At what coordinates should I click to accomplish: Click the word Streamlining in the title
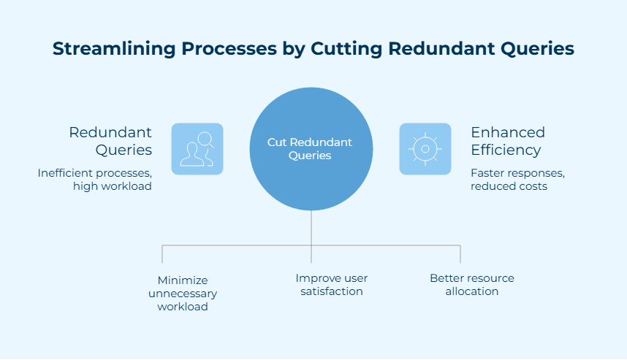pos(114,49)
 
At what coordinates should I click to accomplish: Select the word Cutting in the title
pos(346,49)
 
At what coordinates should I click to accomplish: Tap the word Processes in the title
pos(229,48)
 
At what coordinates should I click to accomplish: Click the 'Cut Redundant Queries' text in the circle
pos(310,149)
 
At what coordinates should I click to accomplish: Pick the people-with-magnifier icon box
pos(197,149)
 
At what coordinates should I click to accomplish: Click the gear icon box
pos(425,149)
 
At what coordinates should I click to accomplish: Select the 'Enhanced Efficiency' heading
pos(508,141)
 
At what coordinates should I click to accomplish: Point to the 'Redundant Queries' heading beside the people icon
pos(110,141)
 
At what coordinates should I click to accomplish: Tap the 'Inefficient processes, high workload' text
pos(95,180)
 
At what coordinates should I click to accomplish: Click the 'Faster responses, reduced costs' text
pos(517,180)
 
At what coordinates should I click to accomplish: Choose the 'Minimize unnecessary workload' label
pos(183,294)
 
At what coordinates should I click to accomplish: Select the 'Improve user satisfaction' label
pos(332,285)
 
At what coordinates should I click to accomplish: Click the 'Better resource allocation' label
pos(472,285)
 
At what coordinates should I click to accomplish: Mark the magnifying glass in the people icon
pos(206,140)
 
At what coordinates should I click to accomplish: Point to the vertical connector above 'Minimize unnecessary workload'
pos(162,254)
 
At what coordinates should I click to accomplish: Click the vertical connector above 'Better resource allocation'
pos(460,254)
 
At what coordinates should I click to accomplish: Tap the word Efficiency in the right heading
pos(506,150)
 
